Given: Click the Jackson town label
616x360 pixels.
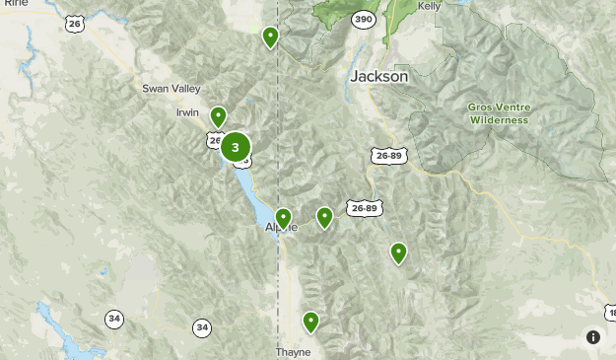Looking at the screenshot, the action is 377,77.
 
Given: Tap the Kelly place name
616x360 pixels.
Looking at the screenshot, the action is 429,6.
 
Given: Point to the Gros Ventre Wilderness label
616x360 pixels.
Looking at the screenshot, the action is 499,113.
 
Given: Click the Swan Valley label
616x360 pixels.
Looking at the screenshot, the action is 171,89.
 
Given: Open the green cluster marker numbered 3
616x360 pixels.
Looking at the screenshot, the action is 235,147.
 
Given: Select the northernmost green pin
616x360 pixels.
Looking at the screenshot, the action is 270,37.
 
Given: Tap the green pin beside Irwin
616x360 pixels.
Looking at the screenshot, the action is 218,117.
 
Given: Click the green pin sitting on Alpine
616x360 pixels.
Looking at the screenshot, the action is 283,218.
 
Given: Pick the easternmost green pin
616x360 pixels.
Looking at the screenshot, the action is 398,252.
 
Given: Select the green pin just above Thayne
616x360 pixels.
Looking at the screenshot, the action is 310,322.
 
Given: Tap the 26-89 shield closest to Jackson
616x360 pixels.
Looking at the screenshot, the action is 387,155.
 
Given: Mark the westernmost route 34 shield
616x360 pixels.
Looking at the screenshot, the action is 114,319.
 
